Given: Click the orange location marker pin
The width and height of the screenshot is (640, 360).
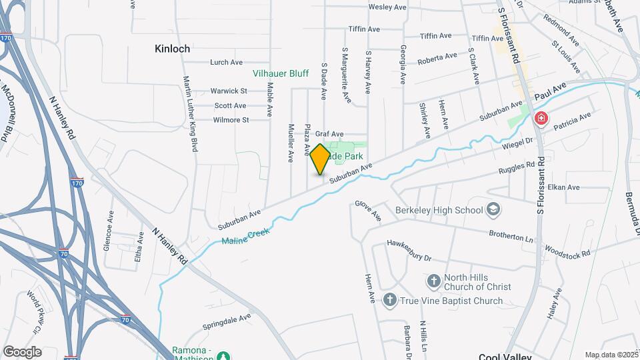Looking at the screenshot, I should tap(320, 159).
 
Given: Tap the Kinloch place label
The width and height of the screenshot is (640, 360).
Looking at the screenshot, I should tap(172, 49).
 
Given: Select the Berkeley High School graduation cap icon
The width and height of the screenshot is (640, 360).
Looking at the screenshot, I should tap(493, 210).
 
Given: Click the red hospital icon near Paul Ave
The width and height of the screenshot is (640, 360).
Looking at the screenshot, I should tap(541, 119).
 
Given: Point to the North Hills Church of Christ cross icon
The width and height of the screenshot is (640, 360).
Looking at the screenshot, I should tap(434, 280).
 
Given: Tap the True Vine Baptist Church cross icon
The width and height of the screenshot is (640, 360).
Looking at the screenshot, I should tap(389, 300).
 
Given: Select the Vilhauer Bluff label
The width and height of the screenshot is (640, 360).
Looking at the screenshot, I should tap(280, 73).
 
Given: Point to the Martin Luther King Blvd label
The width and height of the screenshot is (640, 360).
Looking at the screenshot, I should tap(191, 113).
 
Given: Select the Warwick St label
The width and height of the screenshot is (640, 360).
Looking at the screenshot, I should tap(229, 91).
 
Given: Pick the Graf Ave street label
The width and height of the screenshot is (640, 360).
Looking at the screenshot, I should tap(329, 134).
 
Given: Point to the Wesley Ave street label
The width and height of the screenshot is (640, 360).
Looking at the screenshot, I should tap(387, 8).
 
